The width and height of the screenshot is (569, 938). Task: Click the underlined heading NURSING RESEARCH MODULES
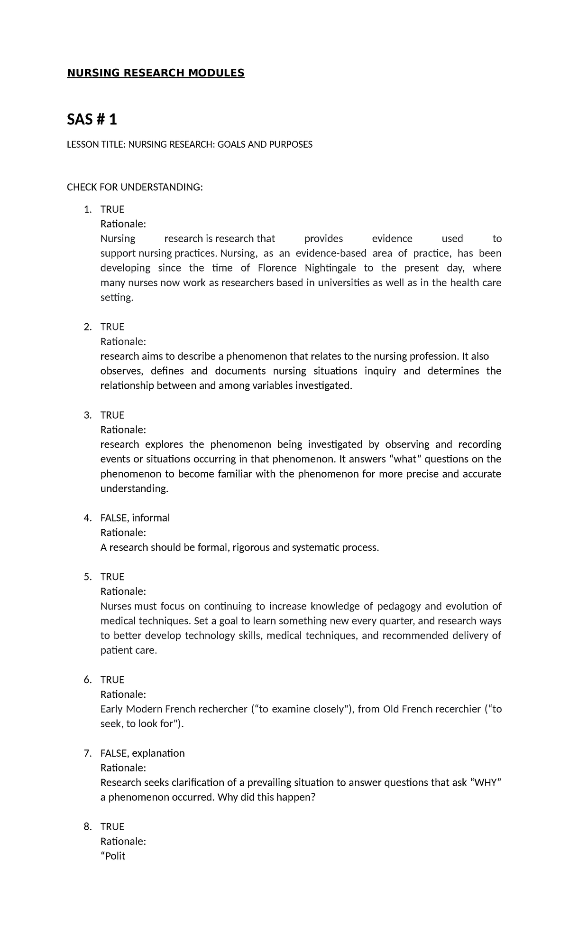[156, 73]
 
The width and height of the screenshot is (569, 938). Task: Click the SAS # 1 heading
[92, 120]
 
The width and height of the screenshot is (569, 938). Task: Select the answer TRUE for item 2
[112, 327]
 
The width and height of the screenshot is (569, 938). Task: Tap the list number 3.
[87, 415]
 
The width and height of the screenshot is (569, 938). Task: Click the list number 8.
[87, 826]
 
